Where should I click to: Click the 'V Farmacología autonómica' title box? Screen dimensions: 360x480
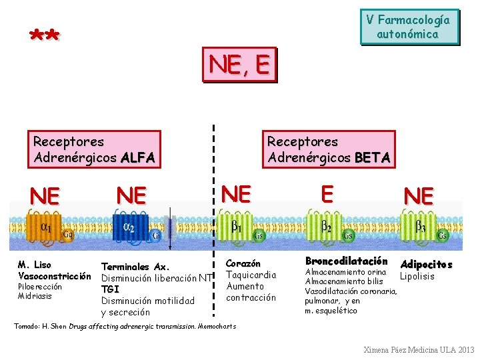click(409, 27)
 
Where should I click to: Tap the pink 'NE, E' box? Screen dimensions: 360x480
click(239, 64)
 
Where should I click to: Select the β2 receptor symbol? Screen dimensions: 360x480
click(327, 227)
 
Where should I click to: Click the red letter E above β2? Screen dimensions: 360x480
click(327, 193)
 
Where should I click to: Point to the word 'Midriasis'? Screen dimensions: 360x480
click(35, 296)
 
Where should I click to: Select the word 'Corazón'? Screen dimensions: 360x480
click(243, 264)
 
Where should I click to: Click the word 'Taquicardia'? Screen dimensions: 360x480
click(251, 275)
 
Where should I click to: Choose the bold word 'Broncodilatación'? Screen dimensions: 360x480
click(346, 261)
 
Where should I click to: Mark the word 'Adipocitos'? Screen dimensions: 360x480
click(426, 265)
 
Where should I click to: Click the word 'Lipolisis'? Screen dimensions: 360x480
click(417, 276)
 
